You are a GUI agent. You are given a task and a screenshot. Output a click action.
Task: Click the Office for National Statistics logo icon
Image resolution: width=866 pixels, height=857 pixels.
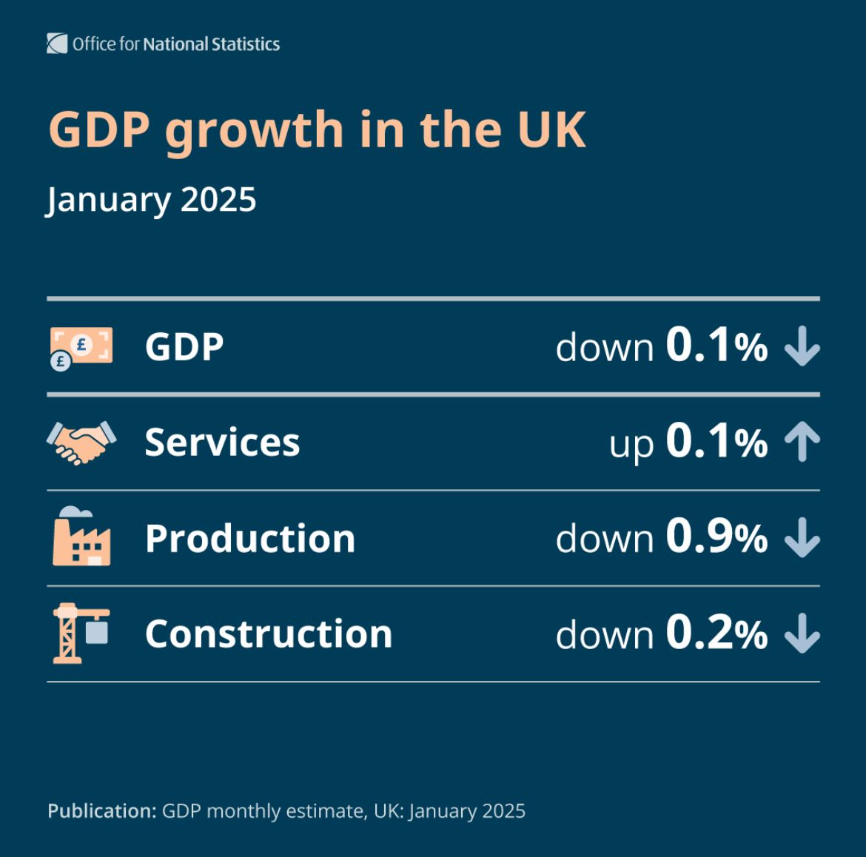pyautogui.click(x=57, y=44)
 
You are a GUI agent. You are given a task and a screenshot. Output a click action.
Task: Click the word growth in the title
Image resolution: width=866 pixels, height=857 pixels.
pyautogui.click(x=254, y=131)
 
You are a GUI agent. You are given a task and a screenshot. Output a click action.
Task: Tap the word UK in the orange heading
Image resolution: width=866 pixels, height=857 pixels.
pyautogui.click(x=551, y=130)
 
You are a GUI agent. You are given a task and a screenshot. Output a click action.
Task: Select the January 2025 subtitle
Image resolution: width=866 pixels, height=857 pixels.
pyautogui.click(x=152, y=200)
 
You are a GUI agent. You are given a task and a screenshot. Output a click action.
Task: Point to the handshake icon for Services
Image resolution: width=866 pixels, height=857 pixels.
pyautogui.click(x=81, y=443)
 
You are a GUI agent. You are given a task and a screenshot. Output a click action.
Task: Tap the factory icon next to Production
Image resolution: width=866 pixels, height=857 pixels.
pyautogui.click(x=81, y=537)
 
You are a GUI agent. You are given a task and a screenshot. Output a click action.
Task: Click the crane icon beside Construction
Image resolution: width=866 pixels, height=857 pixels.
pyautogui.click(x=81, y=633)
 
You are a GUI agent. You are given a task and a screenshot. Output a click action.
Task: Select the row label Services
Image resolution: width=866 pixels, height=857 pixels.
pyautogui.click(x=222, y=443)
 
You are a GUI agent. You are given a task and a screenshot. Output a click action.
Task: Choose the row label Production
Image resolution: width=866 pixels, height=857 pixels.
pyautogui.click(x=250, y=538)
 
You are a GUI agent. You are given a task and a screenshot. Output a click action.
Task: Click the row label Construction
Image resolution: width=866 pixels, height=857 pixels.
pyautogui.click(x=268, y=633)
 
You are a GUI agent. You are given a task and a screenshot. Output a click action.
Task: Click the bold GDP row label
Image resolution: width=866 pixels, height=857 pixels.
pyautogui.click(x=184, y=347)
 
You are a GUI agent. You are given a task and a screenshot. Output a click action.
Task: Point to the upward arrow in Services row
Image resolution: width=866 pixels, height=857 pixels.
pyautogui.click(x=802, y=442)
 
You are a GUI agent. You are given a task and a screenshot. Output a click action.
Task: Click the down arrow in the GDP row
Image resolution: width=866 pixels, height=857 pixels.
pyautogui.click(x=802, y=347)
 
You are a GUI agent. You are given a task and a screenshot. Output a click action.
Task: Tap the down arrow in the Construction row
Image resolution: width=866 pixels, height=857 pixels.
pyautogui.click(x=802, y=634)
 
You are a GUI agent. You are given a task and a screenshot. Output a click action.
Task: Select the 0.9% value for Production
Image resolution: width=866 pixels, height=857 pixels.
pyautogui.click(x=716, y=537)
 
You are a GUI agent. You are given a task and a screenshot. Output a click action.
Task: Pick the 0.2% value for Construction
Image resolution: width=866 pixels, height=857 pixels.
pyautogui.click(x=716, y=633)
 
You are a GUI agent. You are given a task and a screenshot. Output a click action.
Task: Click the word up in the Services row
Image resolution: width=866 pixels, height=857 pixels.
pyautogui.click(x=631, y=445)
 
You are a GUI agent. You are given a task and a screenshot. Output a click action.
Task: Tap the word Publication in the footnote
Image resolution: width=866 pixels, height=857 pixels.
pyautogui.click(x=101, y=811)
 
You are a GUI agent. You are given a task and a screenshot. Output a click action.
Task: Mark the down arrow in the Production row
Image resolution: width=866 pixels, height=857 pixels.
pyautogui.click(x=802, y=538)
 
